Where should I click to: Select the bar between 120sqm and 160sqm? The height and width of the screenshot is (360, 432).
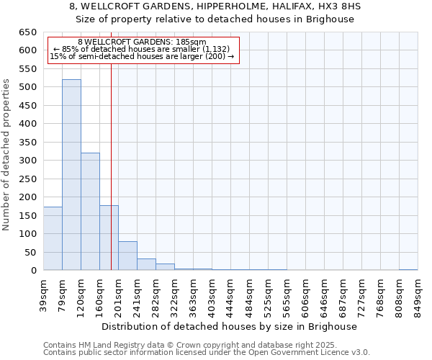pyautogui.click(x=90, y=212)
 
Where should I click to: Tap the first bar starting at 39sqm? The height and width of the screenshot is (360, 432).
pyautogui.click(x=53, y=238)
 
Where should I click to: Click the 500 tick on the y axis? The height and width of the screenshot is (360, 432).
pyautogui.click(x=28, y=87)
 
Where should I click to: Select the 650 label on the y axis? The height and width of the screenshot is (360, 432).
pyautogui.click(x=28, y=32)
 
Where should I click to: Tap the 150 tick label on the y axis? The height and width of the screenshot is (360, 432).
pyautogui.click(x=28, y=215)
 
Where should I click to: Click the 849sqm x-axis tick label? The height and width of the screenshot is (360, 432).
pyautogui.click(x=418, y=294)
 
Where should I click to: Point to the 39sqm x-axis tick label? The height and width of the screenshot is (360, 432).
pyautogui.click(x=43, y=294)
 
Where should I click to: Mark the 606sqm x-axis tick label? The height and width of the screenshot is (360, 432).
pyautogui.click(x=305, y=294)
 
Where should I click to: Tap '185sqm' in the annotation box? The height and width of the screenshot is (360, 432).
pyautogui.click(x=190, y=42)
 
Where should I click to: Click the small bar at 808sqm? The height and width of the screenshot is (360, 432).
pyautogui.click(x=408, y=269)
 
